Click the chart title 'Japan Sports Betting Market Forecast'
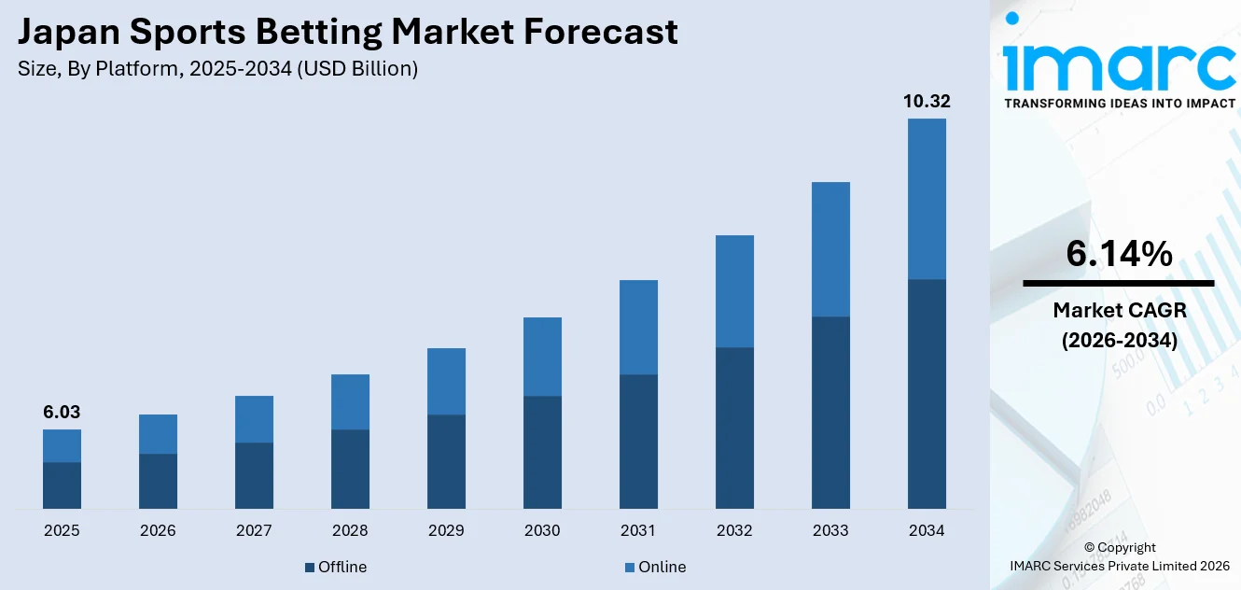click(348, 33)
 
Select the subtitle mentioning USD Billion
click(217, 69)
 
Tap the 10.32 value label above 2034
click(926, 102)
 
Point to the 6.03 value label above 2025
click(62, 413)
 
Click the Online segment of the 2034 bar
click(926, 199)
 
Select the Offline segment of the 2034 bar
click(926, 394)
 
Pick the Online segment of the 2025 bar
click(62, 445)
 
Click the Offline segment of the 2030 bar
click(542, 453)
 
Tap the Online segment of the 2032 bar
click(734, 291)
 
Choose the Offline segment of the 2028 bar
click(350, 470)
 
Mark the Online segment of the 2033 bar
click(830, 249)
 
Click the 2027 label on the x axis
click(254, 531)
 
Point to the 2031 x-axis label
click(638, 531)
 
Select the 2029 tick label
click(446, 531)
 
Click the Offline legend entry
click(336, 567)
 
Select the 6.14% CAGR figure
click(1119, 254)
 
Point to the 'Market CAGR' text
click(1119, 310)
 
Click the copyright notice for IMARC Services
click(1120, 556)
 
